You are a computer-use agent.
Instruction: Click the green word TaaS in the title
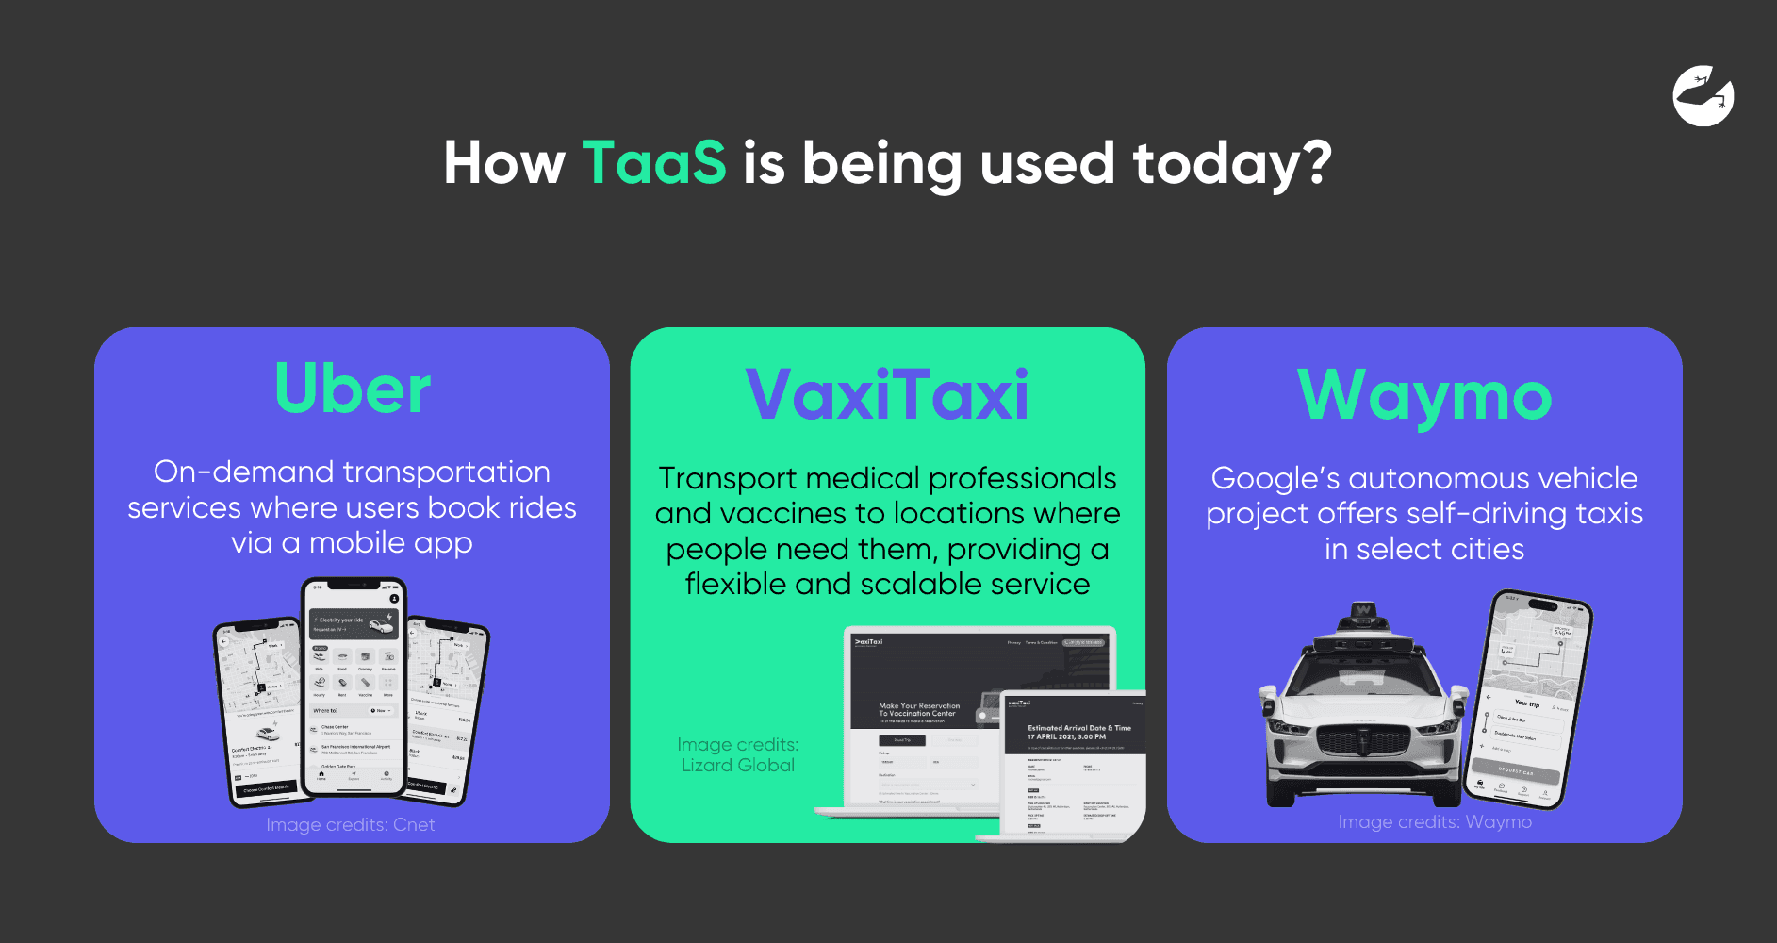click(654, 162)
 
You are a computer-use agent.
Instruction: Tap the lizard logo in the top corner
click(1703, 95)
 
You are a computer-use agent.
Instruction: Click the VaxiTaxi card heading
click(887, 394)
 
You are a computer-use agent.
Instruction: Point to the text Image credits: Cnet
click(351, 825)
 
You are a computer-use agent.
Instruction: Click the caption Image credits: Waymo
click(1435, 822)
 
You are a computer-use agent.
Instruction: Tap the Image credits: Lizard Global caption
click(738, 755)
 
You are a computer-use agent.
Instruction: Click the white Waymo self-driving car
click(1362, 717)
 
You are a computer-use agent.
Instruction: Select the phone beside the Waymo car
click(1529, 698)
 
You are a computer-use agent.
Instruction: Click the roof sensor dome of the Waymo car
click(1363, 614)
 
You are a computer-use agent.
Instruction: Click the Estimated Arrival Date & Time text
click(1078, 728)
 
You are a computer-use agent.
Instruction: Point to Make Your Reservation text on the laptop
click(919, 706)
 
